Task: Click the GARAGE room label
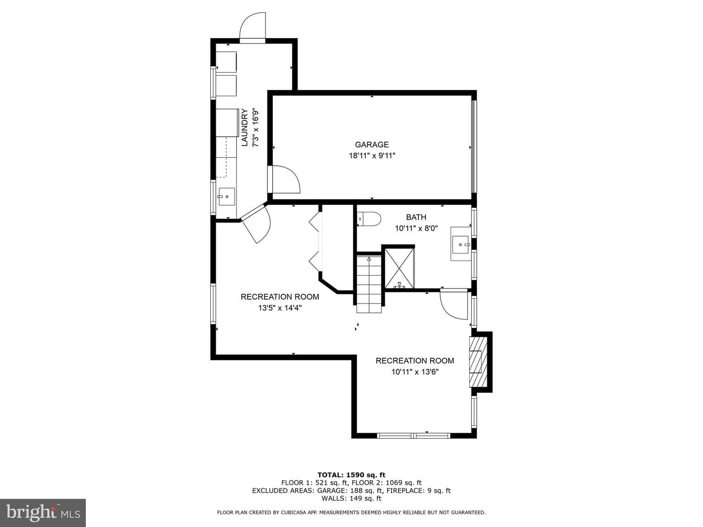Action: (372, 144)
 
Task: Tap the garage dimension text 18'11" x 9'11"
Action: (372, 156)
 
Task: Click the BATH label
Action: (416, 217)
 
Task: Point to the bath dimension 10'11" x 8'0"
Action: (416, 228)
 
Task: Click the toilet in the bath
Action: (369, 219)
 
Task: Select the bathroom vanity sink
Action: (461, 244)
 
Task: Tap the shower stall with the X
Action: (399, 268)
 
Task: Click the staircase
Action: (369, 284)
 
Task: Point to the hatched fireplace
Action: (478, 362)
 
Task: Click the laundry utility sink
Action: (227, 197)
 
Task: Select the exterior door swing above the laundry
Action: (253, 26)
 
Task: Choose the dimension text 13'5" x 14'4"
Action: (280, 308)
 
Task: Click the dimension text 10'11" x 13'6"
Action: (415, 372)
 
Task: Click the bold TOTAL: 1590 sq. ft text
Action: (351, 475)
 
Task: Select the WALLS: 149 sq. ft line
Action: (351, 498)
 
